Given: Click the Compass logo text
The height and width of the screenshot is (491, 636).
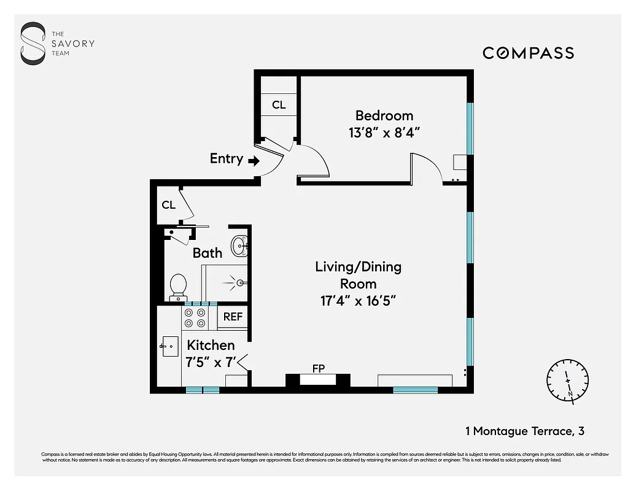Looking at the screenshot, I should [528, 53].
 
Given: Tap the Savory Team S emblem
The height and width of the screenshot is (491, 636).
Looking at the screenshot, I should [33, 44].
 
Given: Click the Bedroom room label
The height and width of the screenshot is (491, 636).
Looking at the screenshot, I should [384, 115].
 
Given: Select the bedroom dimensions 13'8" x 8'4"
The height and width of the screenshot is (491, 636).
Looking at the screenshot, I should [384, 132].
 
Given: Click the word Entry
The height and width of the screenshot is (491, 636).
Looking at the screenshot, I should [226, 158].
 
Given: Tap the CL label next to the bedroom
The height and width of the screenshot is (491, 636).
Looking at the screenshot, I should [279, 105].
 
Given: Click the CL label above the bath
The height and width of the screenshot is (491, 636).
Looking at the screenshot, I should [169, 205].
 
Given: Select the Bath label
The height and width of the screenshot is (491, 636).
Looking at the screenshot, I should [207, 252].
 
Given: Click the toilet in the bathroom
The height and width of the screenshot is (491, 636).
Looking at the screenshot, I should [178, 286].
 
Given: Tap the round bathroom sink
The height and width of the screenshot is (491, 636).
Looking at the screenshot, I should [239, 247].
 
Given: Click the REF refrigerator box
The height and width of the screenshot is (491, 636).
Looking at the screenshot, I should [233, 317].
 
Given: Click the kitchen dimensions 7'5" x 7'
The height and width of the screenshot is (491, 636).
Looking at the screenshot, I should [211, 362].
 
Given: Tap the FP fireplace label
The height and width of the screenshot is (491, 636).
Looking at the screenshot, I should [318, 369].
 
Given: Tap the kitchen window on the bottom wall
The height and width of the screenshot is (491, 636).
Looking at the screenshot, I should [203, 389].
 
